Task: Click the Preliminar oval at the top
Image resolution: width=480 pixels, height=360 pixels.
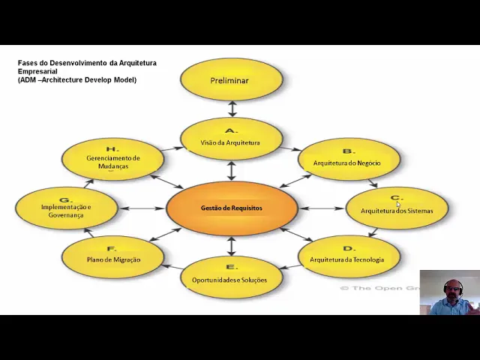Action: pyautogui.click(x=231, y=80)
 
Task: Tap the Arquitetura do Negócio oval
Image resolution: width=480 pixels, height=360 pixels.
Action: pyautogui.click(x=348, y=158)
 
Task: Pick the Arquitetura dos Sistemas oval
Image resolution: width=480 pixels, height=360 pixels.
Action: pyautogui.click(x=397, y=207)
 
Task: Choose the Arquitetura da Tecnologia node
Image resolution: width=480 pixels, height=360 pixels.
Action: pyautogui.click(x=348, y=256)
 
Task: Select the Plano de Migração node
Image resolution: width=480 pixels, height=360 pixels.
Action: pyautogui.click(x=112, y=256)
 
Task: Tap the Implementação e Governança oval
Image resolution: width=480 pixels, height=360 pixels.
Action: pyautogui.click(x=66, y=208)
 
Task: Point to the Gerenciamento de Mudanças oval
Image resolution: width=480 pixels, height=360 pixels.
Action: pyautogui.click(x=112, y=158)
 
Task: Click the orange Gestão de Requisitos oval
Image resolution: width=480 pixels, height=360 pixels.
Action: pyautogui.click(x=231, y=208)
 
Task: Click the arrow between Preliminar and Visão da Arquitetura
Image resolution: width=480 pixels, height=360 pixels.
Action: pyautogui.click(x=232, y=108)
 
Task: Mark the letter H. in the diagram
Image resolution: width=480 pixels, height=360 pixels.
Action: pyautogui.click(x=112, y=149)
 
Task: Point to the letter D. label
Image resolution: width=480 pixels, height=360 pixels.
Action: pyautogui.click(x=348, y=248)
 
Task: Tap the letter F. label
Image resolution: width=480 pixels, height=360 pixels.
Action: pyautogui.click(x=112, y=248)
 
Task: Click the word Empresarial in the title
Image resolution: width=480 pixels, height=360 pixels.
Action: pyautogui.click(x=37, y=71)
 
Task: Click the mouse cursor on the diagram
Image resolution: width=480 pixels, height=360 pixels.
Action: pyautogui.click(x=398, y=204)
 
